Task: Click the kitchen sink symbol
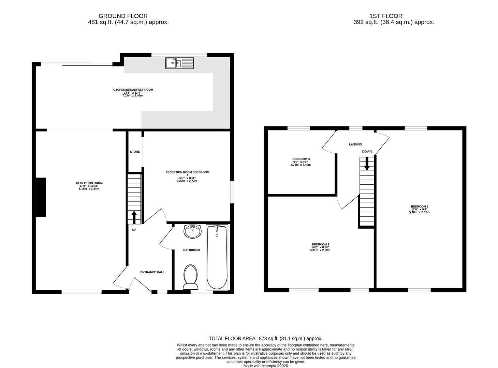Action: click(x=179, y=63)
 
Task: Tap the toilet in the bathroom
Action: click(x=190, y=276)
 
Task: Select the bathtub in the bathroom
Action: click(x=217, y=257)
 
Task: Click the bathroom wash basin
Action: click(x=193, y=232)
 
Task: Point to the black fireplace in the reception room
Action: click(x=41, y=197)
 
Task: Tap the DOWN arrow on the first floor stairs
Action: click(x=367, y=164)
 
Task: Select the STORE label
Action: click(x=135, y=152)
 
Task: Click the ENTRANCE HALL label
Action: click(x=152, y=272)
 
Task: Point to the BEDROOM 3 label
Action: click(x=301, y=159)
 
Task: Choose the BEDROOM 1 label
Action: click(x=420, y=206)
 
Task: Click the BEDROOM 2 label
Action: click(x=320, y=244)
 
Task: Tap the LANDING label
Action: click(x=355, y=144)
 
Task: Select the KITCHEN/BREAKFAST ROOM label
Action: click(x=133, y=90)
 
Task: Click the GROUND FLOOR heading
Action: click(x=123, y=16)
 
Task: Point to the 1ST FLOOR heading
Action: click(x=386, y=16)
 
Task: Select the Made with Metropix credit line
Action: click(x=265, y=366)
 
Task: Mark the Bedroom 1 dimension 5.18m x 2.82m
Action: click(x=420, y=212)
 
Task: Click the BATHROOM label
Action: click(x=191, y=250)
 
